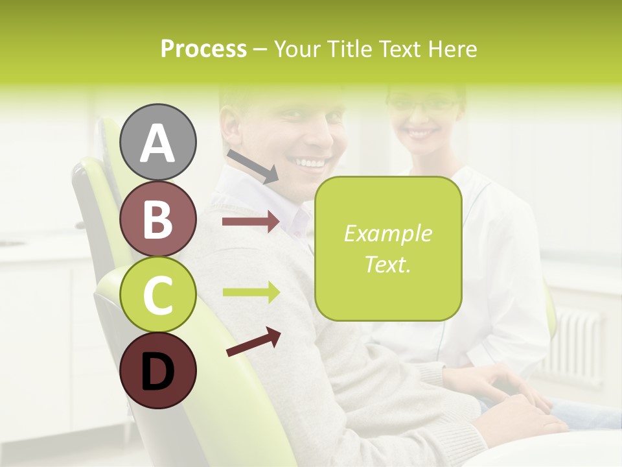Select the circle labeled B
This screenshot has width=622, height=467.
pos(158,219)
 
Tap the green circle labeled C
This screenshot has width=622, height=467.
pos(158,294)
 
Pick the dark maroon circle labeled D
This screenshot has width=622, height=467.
pos(158,370)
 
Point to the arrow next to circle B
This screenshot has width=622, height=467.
pos(251,222)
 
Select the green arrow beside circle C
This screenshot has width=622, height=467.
pos(251,293)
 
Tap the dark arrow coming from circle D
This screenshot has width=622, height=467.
pos(253,342)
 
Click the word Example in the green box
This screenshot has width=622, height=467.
pos(387,233)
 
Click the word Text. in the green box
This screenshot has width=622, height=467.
pos(387,265)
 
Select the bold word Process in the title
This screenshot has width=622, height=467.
pos(203,49)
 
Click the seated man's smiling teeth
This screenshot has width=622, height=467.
pos(310,162)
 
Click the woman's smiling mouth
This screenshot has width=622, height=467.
pos(422,133)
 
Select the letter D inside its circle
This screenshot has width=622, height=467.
pos(158,372)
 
